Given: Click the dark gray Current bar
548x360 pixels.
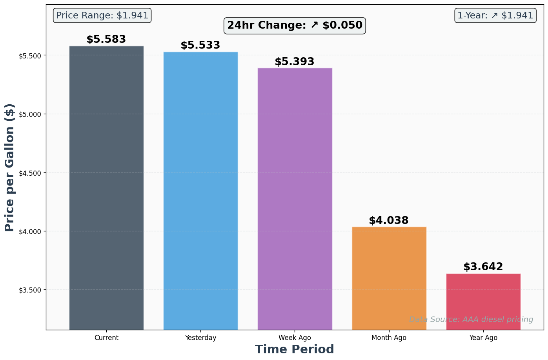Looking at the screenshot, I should point(106,188).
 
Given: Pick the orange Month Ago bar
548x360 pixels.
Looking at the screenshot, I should point(389,278).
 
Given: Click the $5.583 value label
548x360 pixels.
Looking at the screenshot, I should point(106,40).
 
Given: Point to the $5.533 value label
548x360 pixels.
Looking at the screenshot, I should point(200,45).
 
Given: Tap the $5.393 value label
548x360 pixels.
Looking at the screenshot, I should point(295,62).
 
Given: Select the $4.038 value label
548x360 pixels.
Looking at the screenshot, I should point(389,221).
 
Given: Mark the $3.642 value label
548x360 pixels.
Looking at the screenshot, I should point(483,267).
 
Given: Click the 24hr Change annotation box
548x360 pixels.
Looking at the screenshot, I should point(295,25).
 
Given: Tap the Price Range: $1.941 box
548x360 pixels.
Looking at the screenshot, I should point(102,16).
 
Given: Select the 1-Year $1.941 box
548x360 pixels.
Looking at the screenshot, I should point(495,16).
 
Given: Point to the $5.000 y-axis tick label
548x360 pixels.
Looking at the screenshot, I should point(30,114).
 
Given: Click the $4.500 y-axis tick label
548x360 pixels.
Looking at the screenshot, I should point(30,173).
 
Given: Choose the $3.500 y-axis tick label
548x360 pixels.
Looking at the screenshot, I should point(30,290).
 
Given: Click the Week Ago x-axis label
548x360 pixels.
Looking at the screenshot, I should point(295,338).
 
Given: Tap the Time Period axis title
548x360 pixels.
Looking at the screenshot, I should point(295,349).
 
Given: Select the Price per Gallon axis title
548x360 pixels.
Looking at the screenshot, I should point(10,167).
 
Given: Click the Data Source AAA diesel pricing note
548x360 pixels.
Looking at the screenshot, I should point(471,320).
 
